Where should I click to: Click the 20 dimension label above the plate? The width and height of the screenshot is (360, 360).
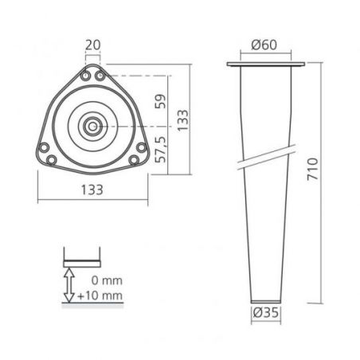tap(93, 45)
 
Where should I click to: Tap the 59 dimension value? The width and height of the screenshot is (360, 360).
tap(160, 101)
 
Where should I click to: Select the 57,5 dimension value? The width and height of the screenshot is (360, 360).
tap(161, 149)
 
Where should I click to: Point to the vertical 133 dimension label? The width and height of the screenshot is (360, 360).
tap(183, 120)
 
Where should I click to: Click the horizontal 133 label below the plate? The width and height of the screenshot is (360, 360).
tap(92, 190)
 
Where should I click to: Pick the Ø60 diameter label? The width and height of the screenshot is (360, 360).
tap(264, 45)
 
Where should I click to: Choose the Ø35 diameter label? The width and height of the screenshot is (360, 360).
tap(266, 312)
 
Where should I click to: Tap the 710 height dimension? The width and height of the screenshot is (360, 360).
tap(312, 170)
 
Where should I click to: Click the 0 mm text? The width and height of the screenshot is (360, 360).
tap(107, 280)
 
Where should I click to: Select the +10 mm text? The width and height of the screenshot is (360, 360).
tap(100, 295)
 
